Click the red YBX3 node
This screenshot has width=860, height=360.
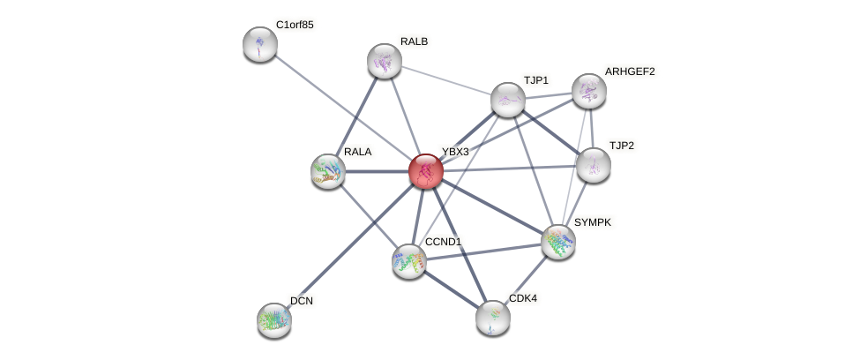pyautogui.click(x=425, y=171)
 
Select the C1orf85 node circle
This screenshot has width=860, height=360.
pyautogui.click(x=260, y=44)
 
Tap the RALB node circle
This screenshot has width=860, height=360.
pyautogui.click(x=385, y=61)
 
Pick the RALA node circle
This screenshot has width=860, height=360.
pyautogui.click(x=328, y=171)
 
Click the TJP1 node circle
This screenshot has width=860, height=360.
pyautogui.click(x=508, y=100)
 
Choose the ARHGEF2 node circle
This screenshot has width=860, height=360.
pyautogui.click(x=589, y=91)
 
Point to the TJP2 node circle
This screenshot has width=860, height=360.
pyautogui.click(x=594, y=164)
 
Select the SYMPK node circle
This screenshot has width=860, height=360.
pyautogui.click(x=558, y=242)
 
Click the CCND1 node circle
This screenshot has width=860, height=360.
pyautogui.click(x=409, y=261)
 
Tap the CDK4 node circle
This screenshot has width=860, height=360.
pyautogui.click(x=493, y=318)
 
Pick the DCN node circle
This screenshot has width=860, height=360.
pyautogui.click(x=274, y=320)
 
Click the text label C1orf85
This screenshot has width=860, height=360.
pyautogui.click(x=295, y=25)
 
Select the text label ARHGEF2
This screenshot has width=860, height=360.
pyautogui.click(x=630, y=71)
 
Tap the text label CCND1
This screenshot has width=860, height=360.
pyautogui.click(x=443, y=242)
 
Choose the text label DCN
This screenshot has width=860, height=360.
pyautogui.click(x=302, y=301)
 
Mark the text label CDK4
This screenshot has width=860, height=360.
pyautogui.click(x=523, y=298)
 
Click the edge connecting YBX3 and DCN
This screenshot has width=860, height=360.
pyautogui.click(x=350, y=245)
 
